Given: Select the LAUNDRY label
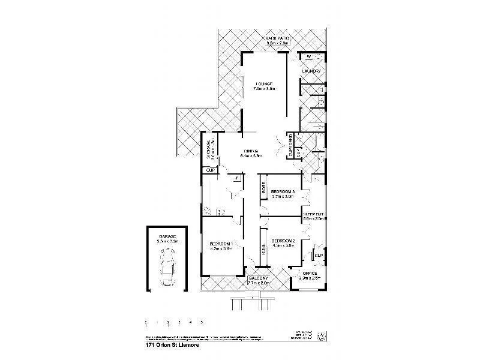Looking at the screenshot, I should pos(312,72).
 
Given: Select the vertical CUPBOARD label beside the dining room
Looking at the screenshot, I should pos(291,146).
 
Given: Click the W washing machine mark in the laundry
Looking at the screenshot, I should pos(308,58).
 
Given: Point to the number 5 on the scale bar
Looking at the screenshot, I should pos(202,323).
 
